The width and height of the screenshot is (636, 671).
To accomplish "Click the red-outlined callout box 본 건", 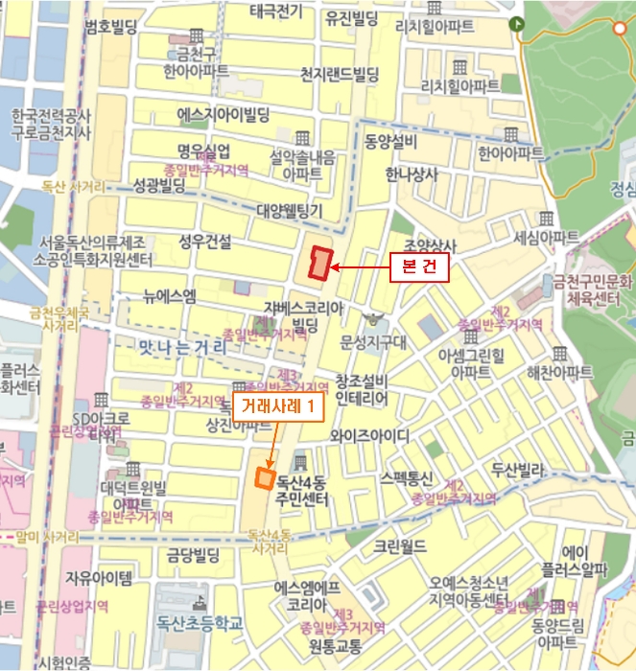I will pos(419,268).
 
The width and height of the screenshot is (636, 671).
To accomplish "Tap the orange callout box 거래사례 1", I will pos(277,406).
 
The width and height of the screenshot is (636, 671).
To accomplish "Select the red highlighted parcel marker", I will pos(319,262).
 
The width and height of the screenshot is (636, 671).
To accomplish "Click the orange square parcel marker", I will pos(264,478).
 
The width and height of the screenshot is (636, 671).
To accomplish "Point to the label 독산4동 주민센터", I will pos(301,491).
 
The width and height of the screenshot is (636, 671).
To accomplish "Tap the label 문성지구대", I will pos(374,341).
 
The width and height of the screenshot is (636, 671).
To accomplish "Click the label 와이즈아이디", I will pos(369,435).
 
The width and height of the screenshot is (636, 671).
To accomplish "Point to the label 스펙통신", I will pos(408,477).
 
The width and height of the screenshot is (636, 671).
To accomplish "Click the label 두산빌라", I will pos(518,471).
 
